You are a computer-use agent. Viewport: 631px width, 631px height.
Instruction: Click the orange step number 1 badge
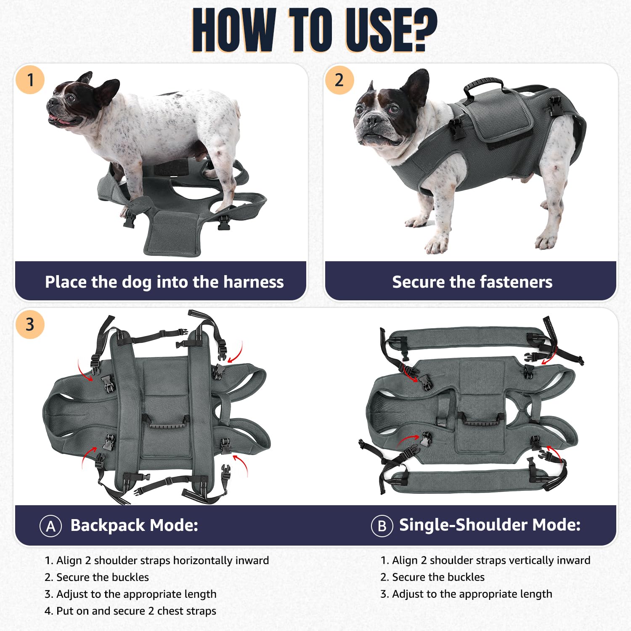click(x=30, y=80)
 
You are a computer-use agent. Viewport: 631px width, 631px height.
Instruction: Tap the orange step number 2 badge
click(x=339, y=80)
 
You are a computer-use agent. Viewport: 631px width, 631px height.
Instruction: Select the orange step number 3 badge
click(x=30, y=324)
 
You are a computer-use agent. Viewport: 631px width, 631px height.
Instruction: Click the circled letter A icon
click(x=50, y=526)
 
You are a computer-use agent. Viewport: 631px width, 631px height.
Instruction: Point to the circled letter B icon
click(x=382, y=526)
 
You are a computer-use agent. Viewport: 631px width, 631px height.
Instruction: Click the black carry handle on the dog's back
click(x=483, y=86)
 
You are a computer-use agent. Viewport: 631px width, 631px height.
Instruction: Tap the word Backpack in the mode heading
click(x=108, y=525)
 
